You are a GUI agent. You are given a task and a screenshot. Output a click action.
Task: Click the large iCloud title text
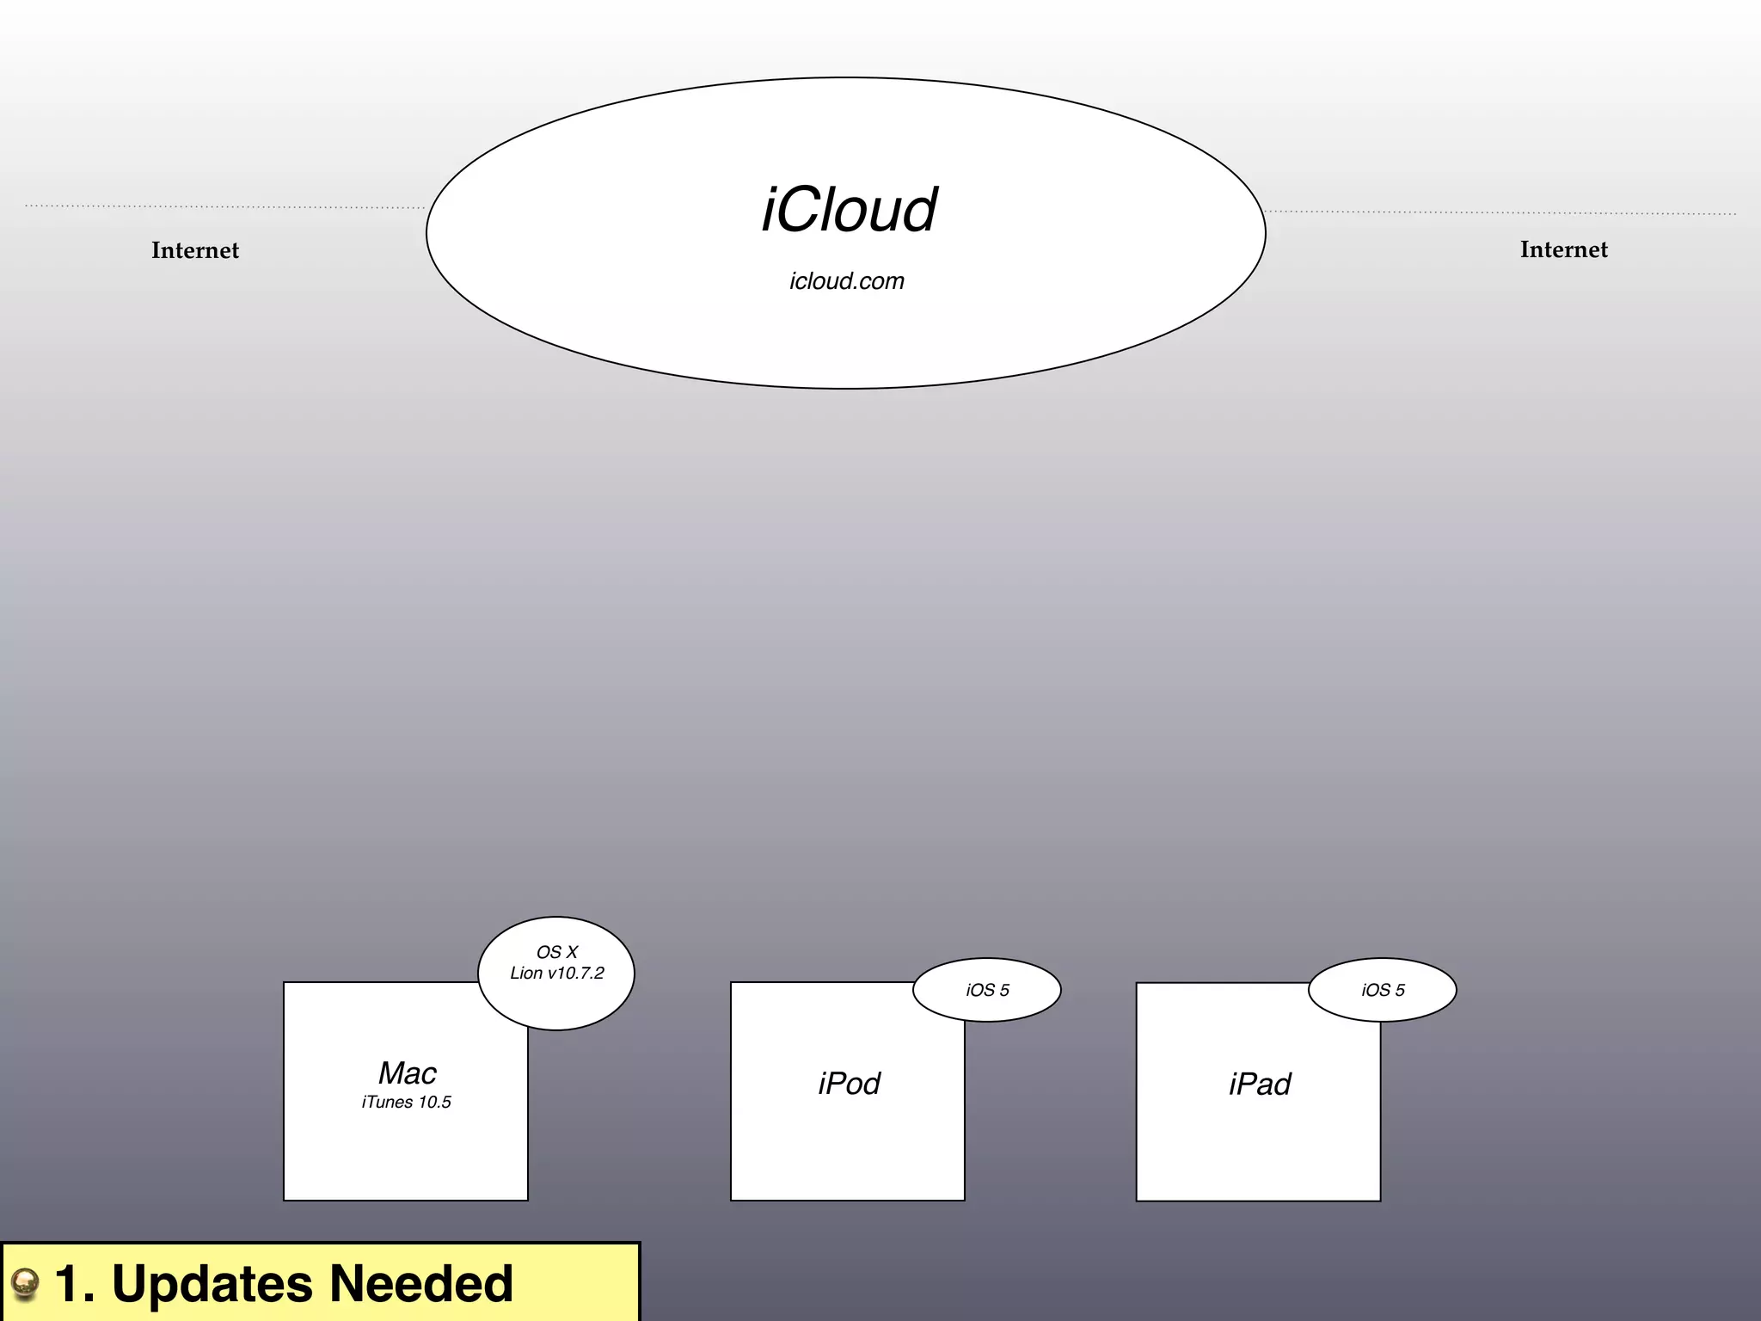coord(849,211)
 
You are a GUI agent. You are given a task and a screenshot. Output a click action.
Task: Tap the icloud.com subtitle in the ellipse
coord(847,281)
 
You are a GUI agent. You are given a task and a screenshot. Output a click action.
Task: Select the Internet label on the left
coord(195,250)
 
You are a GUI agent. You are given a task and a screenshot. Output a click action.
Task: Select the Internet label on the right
coord(1563,249)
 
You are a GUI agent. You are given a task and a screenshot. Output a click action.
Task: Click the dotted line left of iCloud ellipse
coord(224,206)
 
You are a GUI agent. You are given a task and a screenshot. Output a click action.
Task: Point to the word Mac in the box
coord(408,1073)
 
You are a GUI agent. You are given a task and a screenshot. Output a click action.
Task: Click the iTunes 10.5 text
coord(406,1103)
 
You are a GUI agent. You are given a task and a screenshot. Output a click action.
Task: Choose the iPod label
coord(849,1084)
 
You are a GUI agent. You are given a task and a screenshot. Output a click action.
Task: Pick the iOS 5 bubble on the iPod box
coord(987,990)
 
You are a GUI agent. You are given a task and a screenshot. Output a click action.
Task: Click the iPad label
coord(1260,1084)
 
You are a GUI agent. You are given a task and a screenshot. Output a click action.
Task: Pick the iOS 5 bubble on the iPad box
coord(1383,990)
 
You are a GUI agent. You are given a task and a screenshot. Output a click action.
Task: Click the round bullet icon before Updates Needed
coord(25,1285)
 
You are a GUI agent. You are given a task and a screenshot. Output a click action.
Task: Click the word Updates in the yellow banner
coord(212,1285)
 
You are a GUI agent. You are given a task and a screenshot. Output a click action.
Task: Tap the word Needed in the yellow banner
coord(421,1284)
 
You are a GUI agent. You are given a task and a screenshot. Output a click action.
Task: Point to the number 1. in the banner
coord(75,1284)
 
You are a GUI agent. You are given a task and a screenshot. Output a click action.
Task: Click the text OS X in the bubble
coord(557,952)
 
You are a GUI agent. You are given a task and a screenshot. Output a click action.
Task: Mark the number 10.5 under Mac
coord(434,1103)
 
